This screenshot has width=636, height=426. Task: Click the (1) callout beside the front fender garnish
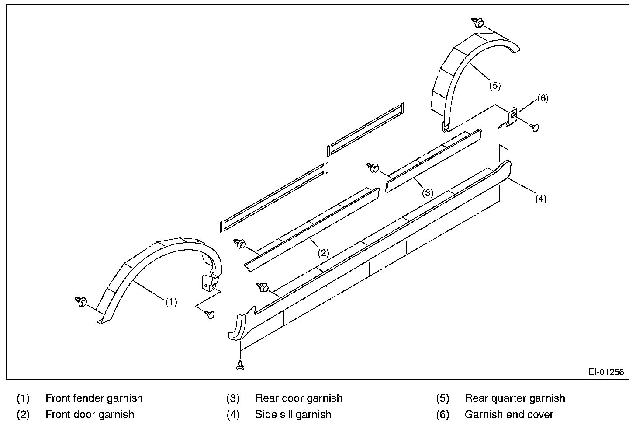click(171, 302)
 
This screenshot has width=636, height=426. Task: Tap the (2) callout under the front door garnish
click(323, 252)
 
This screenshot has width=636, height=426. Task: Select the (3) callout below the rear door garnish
click(427, 192)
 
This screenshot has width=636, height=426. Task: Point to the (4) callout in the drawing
click(540, 199)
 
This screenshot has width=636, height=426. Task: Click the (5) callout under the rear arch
click(494, 85)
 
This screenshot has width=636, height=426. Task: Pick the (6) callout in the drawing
click(543, 98)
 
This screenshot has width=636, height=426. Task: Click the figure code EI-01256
click(605, 372)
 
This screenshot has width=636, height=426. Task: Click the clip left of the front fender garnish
click(82, 301)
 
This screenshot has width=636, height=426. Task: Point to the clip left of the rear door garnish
click(373, 167)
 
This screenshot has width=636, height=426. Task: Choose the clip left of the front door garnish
click(240, 244)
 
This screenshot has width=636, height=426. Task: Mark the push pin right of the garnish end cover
click(534, 127)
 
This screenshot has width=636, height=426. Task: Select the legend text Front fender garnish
click(94, 398)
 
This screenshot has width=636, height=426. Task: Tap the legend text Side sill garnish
click(293, 414)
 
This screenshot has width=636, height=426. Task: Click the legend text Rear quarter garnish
click(515, 398)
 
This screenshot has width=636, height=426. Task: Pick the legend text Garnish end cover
click(509, 414)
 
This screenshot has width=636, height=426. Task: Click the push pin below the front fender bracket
click(211, 314)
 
